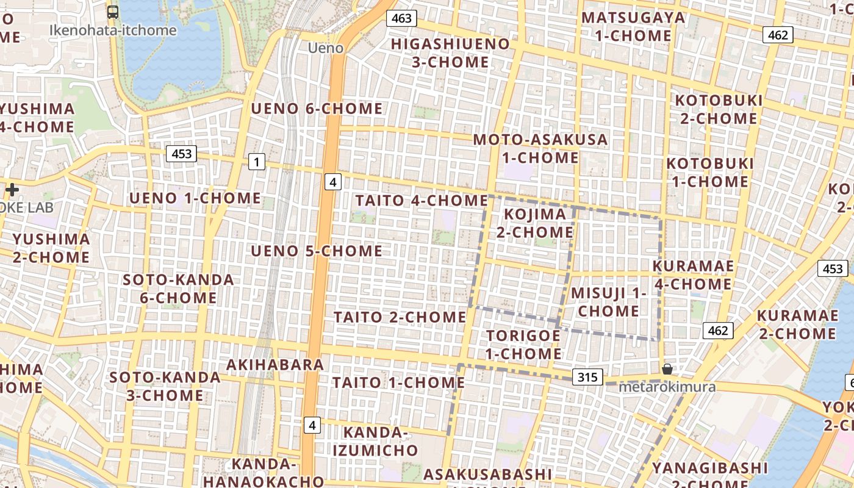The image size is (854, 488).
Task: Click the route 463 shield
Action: (401, 18)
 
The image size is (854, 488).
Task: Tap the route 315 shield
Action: (587, 377)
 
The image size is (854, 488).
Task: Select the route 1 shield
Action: (257, 162)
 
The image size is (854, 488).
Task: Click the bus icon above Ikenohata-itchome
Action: (113, 12)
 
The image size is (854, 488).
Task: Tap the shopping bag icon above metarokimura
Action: (667, 369)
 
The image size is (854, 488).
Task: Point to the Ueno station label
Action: (325, 48)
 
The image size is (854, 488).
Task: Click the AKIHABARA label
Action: (275, 365)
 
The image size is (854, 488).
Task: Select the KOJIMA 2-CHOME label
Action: (534, 223)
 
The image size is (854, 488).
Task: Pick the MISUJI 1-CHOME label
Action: (609, 302)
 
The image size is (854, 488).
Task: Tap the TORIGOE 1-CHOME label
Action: (523, 345)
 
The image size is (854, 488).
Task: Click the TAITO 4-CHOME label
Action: (422, 200)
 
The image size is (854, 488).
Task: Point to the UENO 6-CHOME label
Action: (317, 109)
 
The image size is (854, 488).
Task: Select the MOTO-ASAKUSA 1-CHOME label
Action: (540, 148)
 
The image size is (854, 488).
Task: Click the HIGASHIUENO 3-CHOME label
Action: (450, 53)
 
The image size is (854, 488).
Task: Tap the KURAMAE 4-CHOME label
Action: (693, 275)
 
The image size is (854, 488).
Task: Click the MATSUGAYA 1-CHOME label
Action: (633, 26)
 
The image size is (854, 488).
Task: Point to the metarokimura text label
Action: (667, 387)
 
